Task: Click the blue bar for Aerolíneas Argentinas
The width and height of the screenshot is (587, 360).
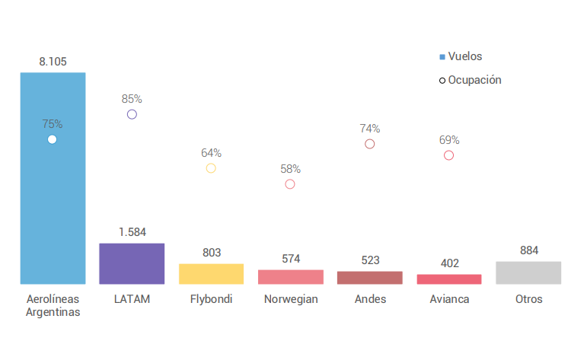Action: [x=53, y=198]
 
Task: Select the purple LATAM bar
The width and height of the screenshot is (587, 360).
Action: [x=132, y=264]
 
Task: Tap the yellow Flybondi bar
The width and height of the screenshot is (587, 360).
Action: [x=211, y=274]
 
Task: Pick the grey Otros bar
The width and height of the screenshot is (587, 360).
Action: [x=528, y=272]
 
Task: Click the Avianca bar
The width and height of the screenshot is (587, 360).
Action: [x=449, y=279]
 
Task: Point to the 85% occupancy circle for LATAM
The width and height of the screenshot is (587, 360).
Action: [x=132, y=114]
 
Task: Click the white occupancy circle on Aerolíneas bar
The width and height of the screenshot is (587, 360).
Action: [x=52, y=139]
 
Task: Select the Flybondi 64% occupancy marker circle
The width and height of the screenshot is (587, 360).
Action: [x=211, y=168]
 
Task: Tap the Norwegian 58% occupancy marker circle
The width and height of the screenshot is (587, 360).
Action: [x=290, y=184]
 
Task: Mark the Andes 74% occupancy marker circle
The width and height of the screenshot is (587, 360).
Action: [x=370, y=144]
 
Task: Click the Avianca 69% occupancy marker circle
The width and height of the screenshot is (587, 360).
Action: [x=449, y=155]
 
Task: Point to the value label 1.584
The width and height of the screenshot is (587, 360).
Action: [x=132, y=232]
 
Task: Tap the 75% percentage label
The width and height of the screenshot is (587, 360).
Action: [x=53, y=123]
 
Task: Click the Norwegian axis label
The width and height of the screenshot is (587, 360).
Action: [x=291, y=299]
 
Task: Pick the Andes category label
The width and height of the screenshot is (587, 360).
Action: [x=370, y=299]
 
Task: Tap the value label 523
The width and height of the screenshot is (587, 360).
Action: [x=370, y=260]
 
